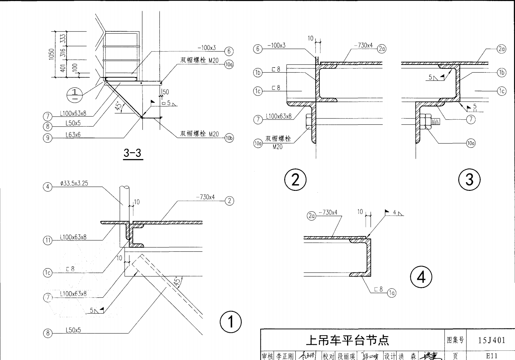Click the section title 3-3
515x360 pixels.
(132, 153)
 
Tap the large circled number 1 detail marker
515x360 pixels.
(230, 322)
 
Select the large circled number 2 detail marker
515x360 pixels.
(295, 180)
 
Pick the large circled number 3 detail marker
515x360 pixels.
(469, 180)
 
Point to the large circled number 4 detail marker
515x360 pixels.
(421, 277)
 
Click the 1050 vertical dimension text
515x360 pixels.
(51, 54)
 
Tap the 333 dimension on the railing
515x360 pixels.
(63, 39)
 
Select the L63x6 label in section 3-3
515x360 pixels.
(73, 135)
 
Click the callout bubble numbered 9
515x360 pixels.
(47, 138)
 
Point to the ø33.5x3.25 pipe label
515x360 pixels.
(74, 183)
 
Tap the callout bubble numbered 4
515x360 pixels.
(47, 187)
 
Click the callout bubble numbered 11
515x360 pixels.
(47, 240)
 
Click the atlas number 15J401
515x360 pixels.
(491, 340)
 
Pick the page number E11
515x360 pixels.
(491, 356)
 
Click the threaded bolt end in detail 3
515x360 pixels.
(435, 121)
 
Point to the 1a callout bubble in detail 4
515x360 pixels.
(392, 293)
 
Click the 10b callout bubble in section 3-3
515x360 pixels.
(229, 138)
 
